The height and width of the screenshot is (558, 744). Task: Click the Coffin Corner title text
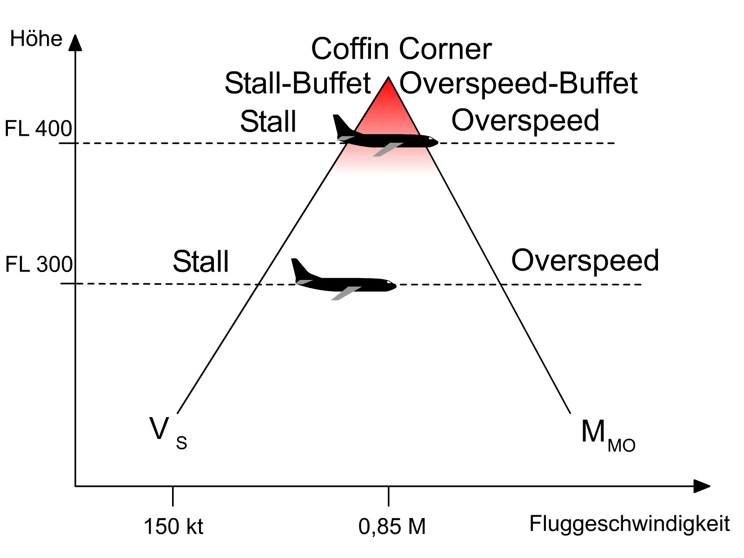pyautogui.click(x=401, y=49)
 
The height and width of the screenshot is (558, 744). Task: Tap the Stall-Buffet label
pyautogui.click(x=298, y=84)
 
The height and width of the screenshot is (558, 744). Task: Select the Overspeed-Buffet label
pyautogui.click(x=518, y=84)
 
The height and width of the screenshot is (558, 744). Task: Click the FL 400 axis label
pyautogui.click(x=38, y=129)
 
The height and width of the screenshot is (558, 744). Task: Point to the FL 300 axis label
pyautogui.click(x=39, y=265)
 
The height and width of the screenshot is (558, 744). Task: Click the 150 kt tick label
pyautogui.click(x=173, y=527)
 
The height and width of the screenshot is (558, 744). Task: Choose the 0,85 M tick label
pyautogui.click(x=392, y=527)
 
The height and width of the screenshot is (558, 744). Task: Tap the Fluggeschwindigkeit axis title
pyautogui.click(x=630, y=524)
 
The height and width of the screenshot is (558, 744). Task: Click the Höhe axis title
pyautogui.click(x=36, y=39)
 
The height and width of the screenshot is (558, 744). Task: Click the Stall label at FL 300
pyautogui.click(x=201, y=261)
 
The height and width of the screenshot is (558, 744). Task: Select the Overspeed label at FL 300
pyautogui.click(x=585, y=260)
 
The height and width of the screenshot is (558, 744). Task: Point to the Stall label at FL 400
pyautogui.click(x=268, y=122)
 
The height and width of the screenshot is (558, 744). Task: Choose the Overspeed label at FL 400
pyautogui.click(x=525, y=121)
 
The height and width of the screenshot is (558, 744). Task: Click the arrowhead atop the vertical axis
pyautogui.click(x=75, y=42)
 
